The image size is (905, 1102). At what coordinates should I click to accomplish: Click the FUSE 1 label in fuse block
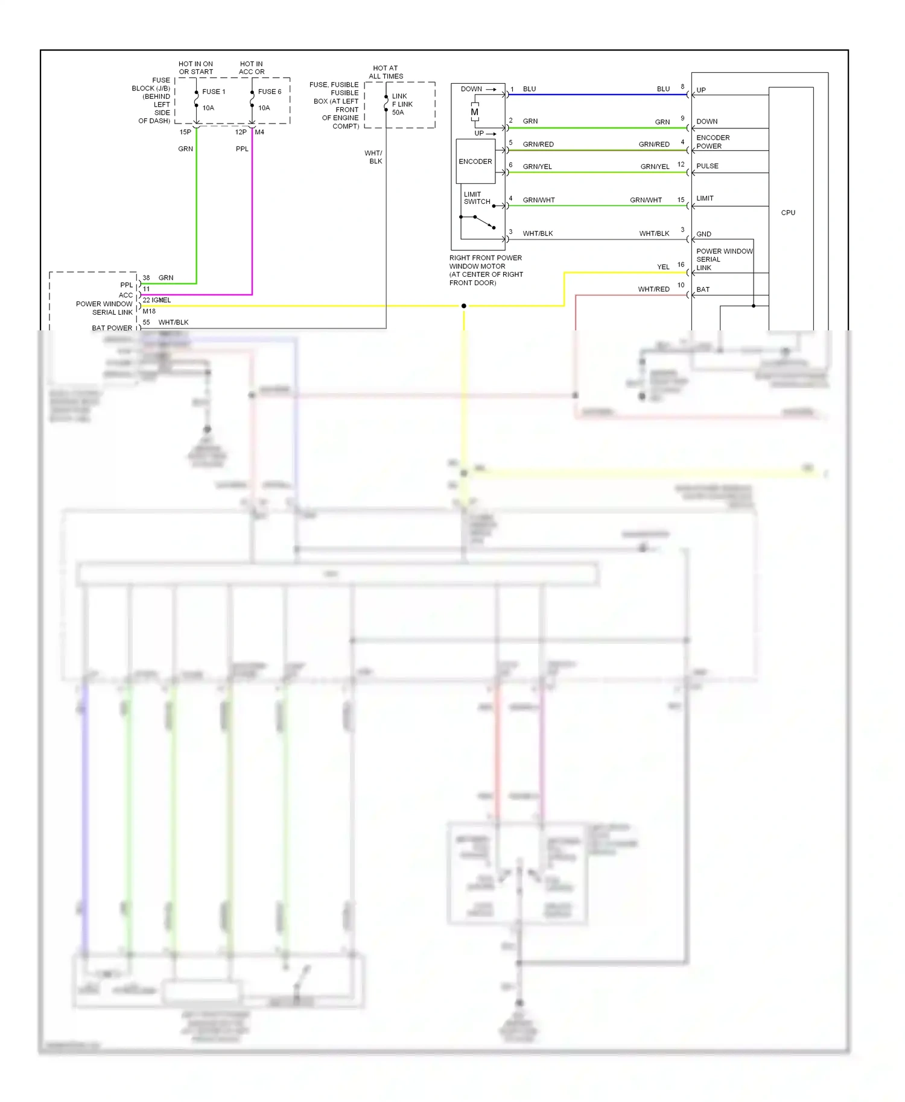pos(214,92)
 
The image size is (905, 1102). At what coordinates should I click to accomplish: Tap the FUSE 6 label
pos(270,92)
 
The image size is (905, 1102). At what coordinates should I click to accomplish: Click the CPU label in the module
pos(788,213)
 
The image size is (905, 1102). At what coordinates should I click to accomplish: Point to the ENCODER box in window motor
pos(475,162)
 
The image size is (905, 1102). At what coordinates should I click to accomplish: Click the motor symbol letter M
pos(475,112)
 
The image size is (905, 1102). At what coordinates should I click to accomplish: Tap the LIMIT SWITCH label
pos(477,198)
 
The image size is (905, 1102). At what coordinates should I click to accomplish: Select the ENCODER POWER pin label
pos(713,142)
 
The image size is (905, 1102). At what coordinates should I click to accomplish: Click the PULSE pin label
pos(707,166)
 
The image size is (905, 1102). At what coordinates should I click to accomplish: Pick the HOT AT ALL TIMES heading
pos(386,72)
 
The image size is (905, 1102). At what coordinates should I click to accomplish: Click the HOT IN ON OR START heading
pos(195,68)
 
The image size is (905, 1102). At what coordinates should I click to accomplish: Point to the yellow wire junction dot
pos(463,306)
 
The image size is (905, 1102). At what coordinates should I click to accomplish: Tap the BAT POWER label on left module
pos(112,328)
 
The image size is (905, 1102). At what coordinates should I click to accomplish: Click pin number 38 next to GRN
pos(146,278)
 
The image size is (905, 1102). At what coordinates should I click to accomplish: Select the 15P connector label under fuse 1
pos(185,132)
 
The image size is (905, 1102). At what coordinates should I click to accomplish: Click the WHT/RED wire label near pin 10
pos(653,289)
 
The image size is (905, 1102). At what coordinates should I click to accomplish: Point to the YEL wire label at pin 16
pos(663,267)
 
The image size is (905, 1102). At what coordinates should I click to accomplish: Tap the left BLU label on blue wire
pos(529,89)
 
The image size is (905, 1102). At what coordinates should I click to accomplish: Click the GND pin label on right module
pos(703,234)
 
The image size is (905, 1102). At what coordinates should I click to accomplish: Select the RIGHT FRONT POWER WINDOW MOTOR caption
pos(486,270)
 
